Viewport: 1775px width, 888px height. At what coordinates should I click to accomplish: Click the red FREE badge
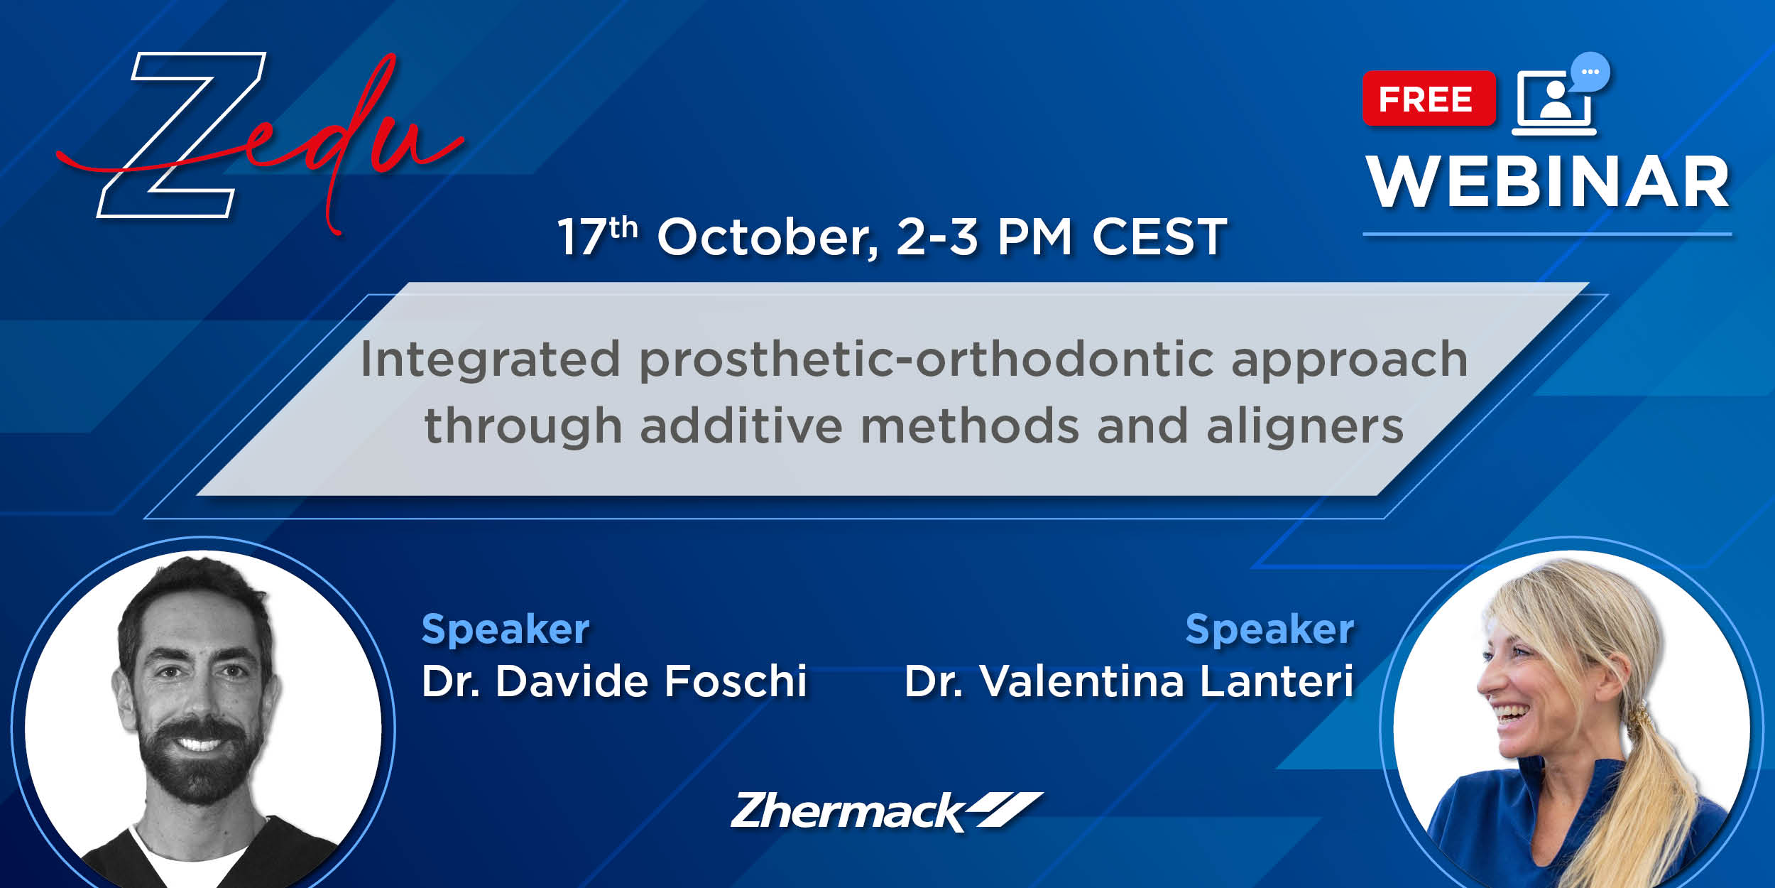tap(1429, 99)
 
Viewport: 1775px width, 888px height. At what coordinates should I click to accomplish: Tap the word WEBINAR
tap(1549, 183)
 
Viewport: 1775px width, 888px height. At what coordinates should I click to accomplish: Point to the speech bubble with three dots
tap(1590, 72)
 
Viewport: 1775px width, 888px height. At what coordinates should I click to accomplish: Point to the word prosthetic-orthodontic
tap(926, 361)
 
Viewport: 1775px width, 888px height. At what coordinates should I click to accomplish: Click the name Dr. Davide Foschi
tap(614, 681)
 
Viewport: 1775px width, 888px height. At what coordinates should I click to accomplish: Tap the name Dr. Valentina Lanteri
tap(1129, 681)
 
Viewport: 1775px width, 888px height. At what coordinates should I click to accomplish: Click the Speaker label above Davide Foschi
tap(506, 630)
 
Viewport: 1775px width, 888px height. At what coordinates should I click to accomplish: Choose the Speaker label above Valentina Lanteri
tap(1270, 630)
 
